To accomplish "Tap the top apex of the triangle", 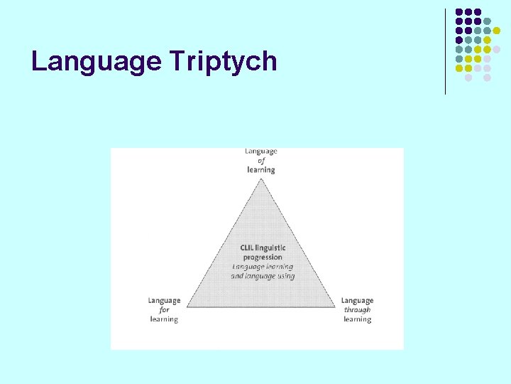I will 261,178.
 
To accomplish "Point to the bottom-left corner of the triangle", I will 187,307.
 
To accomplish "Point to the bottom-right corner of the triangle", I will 336,307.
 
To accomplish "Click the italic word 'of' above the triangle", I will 261,161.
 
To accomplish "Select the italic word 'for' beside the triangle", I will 164,310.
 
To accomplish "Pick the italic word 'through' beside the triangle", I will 357,310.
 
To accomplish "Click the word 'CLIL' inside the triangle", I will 248,247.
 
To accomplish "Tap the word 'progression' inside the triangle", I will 263,257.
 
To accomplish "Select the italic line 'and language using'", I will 263,276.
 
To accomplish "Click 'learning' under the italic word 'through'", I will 357,319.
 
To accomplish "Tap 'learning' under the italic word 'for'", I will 164,319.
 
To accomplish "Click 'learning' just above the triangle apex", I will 261,170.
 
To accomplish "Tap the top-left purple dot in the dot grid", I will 459,12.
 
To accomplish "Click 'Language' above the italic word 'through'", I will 357,301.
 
